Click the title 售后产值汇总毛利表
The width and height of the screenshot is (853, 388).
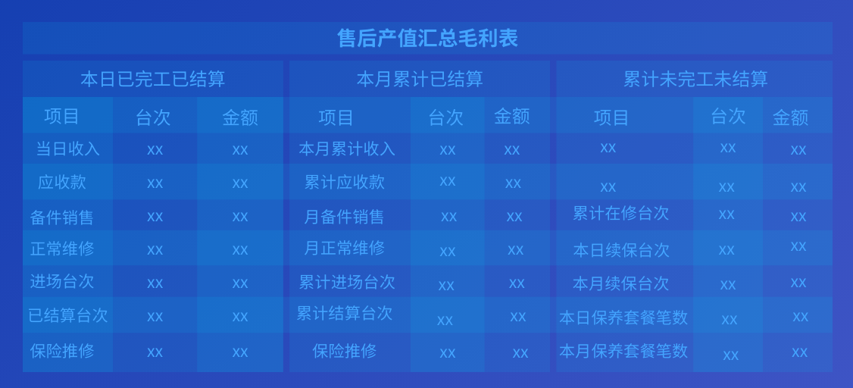(x=427, y=39)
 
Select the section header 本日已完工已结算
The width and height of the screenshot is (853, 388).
(x=153, y=80)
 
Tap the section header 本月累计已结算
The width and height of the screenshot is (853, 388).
(x=420, y=80)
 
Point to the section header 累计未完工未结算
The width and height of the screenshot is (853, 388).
(x=695, y=80)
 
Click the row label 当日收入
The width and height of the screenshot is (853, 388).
(x=68, y=149)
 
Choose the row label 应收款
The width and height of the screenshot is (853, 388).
(x=62, y=182)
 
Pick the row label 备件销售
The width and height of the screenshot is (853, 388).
(x=62, y=217)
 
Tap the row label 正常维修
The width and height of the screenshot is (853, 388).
(x=62, y=249)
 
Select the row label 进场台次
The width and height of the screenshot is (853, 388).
(x=62, y=281)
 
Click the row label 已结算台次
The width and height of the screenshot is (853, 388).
(x=68, y=315)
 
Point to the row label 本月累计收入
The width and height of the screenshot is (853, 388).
(x=347, y=149)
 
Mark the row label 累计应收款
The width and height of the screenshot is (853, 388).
(x=345, y=182)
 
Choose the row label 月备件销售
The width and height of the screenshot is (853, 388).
(x=344, y=217)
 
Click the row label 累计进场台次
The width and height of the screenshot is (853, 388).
(x=347, y=282)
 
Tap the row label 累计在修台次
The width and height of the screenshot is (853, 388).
(x=620, y=213)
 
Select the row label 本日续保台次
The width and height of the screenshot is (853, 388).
(x=621, y=250)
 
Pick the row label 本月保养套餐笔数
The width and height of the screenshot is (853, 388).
(x=623, y=351)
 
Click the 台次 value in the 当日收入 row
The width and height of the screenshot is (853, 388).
(x=155, y=149)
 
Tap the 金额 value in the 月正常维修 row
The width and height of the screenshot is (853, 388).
(x=516, y=250)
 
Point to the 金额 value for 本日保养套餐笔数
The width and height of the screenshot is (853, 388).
(x=800, y=316)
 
